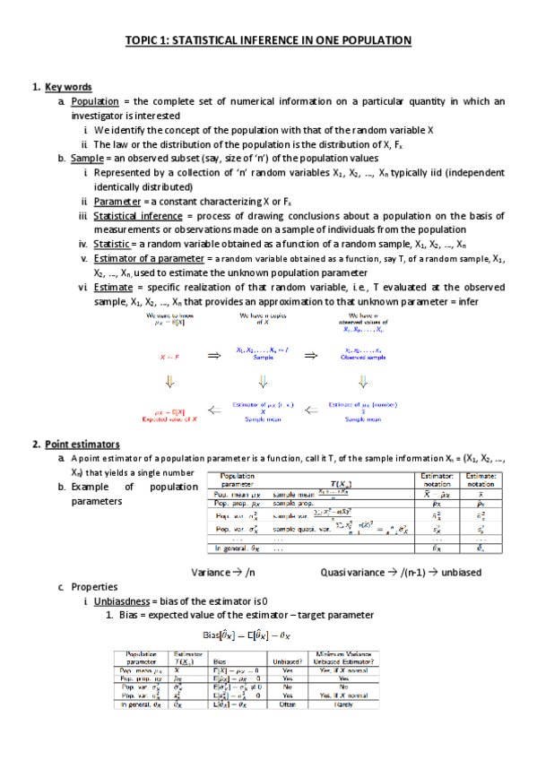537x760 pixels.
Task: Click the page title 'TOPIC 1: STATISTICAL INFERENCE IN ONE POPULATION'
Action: pyautogui.click(x=268, y=41)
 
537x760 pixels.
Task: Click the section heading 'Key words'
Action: pyautogui.click(x=68, y=87)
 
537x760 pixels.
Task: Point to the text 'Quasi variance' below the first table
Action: pyautogui.click(x=351, y=572)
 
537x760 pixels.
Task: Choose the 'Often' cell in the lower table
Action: pyautogui.click(x=288, y=706)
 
